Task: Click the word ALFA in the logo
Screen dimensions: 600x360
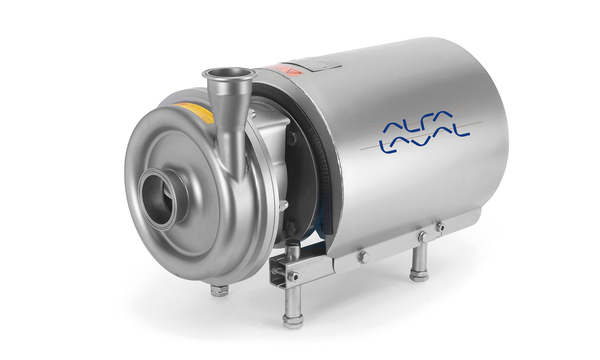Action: coord(418,122)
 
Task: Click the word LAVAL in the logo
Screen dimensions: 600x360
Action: coord(424,141)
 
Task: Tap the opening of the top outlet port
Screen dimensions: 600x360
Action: coord(229,73)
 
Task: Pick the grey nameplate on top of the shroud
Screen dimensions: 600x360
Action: coord(316,64)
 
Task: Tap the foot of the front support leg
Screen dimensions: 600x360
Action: coord(293,321)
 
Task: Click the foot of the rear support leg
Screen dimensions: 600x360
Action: coord(419,275)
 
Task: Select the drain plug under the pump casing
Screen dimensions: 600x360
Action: coord(219,290)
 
